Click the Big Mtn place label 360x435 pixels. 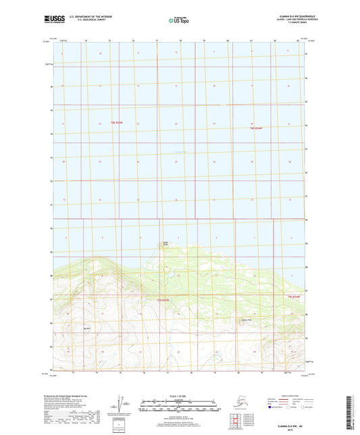(86, 328)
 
